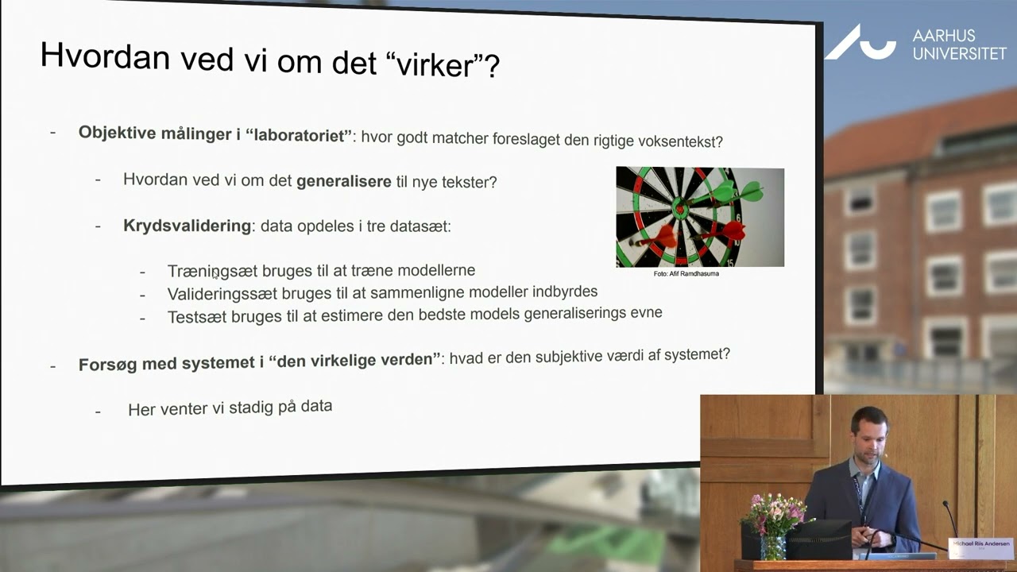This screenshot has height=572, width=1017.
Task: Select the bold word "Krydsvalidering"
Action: (x=187, y=226)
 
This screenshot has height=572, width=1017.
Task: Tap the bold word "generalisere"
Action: (x=343, y=181)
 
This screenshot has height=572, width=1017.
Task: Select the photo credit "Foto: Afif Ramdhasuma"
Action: (x=686, y=273)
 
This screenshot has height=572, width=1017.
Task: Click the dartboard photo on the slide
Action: (x=699, y=216)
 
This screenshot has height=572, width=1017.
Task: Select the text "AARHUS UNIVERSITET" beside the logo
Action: (x=958, y=44)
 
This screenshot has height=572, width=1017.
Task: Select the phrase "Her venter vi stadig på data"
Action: (x=230, y=408)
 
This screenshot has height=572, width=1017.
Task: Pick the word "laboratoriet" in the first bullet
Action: (x=299, y=134)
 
